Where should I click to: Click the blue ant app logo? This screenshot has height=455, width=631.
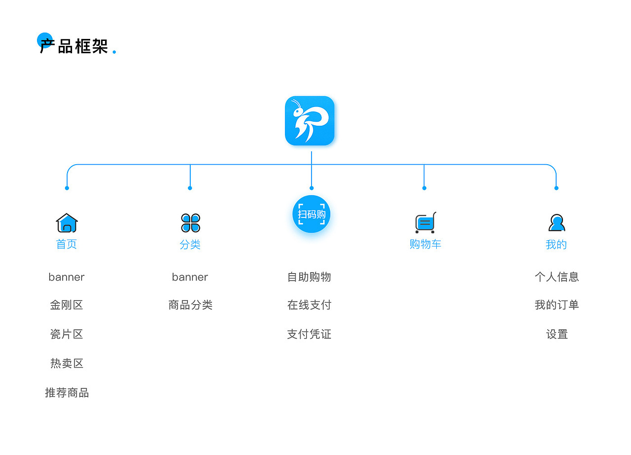(310, 121)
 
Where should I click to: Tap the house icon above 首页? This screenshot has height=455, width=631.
(67, 223)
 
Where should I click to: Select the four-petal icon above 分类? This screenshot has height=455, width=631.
(190, 223)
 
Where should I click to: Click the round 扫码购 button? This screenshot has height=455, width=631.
(311, 214)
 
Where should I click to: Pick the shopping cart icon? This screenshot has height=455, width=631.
(425, 223)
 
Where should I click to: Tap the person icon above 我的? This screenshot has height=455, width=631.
(557, 223)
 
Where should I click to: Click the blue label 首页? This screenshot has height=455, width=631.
(67, 244)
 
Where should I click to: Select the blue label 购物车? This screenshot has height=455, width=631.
(425, 244)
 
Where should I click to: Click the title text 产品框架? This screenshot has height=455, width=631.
(74, 46)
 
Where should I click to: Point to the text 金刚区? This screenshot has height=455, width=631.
(67, 305)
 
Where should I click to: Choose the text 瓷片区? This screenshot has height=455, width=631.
(67, 334)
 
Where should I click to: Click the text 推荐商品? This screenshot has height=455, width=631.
(67, 393)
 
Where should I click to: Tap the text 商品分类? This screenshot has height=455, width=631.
(190, 305)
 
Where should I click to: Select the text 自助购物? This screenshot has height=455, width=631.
(309, 277)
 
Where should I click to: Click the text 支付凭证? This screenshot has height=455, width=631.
(309, 334)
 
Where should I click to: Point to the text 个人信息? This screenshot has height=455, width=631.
(557, 277)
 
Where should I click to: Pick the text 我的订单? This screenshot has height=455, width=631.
(557, 305)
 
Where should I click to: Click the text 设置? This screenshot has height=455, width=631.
(557, 334)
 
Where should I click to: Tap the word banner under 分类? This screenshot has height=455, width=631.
(190, 277)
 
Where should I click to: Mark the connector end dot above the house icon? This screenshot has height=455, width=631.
(67, 188)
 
